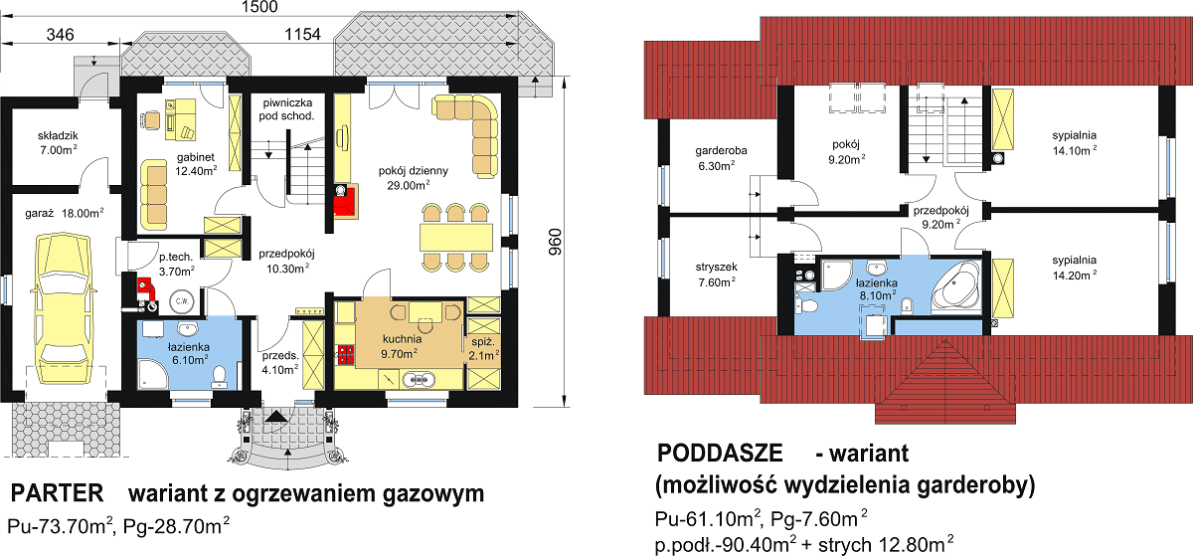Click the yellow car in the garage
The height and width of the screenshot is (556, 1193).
coord(61,302)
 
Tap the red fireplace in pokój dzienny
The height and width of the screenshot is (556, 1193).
coord(345,200)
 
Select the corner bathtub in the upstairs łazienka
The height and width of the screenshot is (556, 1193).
coord(955,288)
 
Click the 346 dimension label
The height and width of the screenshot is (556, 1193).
coord(61,36)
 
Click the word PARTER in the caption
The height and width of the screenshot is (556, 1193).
coord(58,493)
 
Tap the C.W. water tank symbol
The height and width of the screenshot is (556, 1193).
coord(182,299)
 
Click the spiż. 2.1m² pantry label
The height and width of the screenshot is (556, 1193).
coord(482,349)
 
